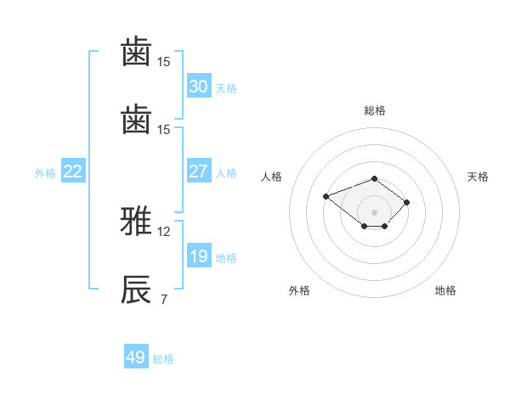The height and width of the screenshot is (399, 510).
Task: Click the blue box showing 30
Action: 199,86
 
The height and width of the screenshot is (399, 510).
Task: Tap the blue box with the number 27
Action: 199,171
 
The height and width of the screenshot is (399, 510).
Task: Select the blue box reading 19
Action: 199,255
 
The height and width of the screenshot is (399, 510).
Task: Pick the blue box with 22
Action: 73,171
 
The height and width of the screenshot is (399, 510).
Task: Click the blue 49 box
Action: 136,356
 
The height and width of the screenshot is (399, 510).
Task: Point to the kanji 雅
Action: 136,221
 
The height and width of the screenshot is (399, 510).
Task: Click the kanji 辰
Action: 136,289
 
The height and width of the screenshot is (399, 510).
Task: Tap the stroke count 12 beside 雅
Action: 163,232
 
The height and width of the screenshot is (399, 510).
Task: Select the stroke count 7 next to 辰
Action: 164,299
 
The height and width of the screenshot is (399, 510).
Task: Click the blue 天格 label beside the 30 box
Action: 226,88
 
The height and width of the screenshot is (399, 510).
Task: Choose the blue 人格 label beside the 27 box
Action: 226,173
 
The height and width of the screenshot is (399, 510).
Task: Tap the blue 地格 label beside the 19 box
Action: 226,258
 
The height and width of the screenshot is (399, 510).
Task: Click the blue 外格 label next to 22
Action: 45,173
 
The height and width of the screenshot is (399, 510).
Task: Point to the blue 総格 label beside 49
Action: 163,359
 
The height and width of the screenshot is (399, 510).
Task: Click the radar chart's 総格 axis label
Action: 375,110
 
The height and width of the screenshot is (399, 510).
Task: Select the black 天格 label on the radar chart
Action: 478,177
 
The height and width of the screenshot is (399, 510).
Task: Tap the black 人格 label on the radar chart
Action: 271,177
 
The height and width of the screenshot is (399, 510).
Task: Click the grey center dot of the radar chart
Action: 374,212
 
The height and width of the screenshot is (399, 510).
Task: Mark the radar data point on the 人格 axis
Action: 326,196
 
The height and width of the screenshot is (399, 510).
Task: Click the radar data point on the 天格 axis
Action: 406,202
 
